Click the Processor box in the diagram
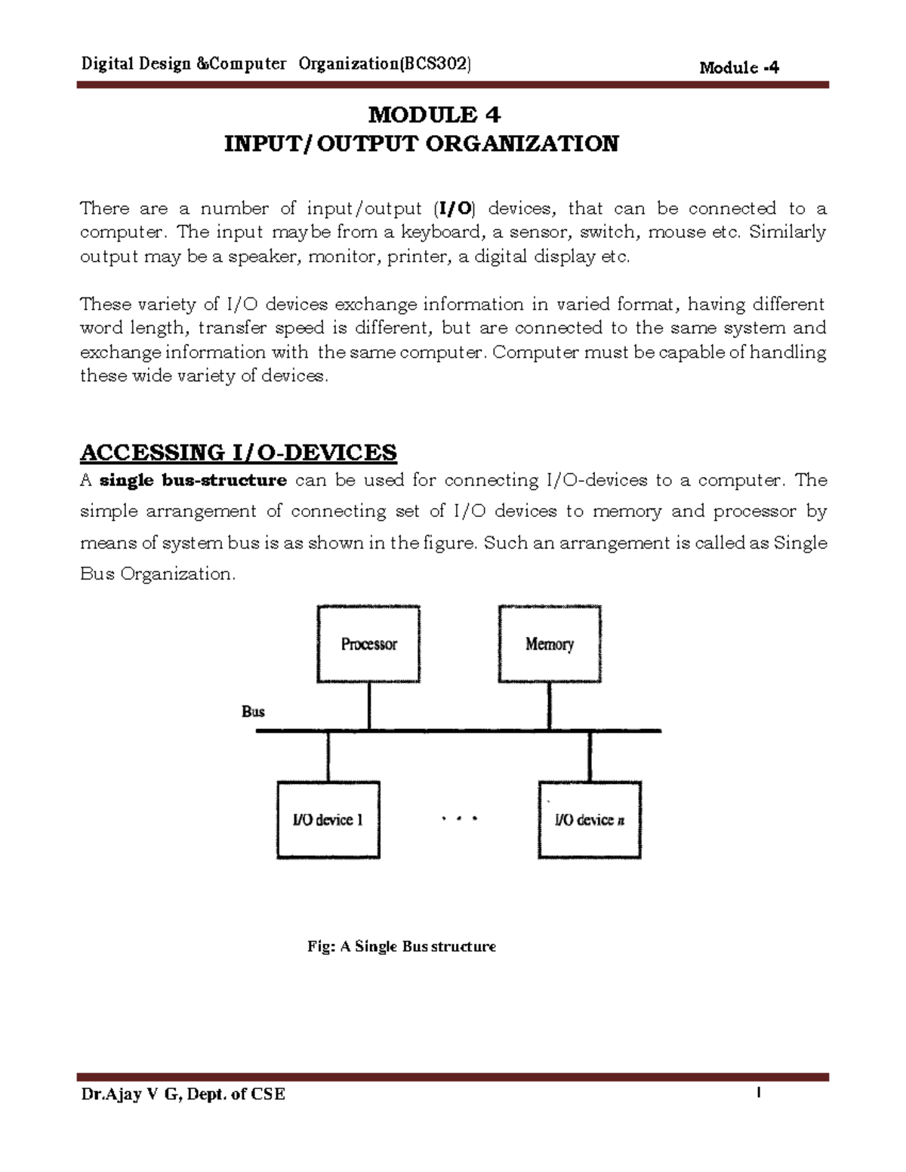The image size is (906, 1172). [368, 644]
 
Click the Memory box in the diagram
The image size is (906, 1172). [550, 644]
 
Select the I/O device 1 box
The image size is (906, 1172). [328, 820]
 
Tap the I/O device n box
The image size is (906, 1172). [590, 820]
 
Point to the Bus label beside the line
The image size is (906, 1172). [253, 712]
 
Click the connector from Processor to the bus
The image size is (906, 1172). [368, 706]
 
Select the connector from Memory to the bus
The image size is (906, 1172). [549, 706]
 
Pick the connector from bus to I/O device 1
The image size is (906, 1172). [328, 756]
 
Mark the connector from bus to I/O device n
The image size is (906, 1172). [590, 756]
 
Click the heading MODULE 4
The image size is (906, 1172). [434, 115]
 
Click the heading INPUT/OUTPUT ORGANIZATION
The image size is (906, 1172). [421, 143]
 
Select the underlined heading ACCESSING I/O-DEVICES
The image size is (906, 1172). [238, 453]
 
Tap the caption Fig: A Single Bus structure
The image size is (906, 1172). [401, 946]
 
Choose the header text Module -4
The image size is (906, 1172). [739, 68]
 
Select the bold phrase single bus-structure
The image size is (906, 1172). [193, 481]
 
